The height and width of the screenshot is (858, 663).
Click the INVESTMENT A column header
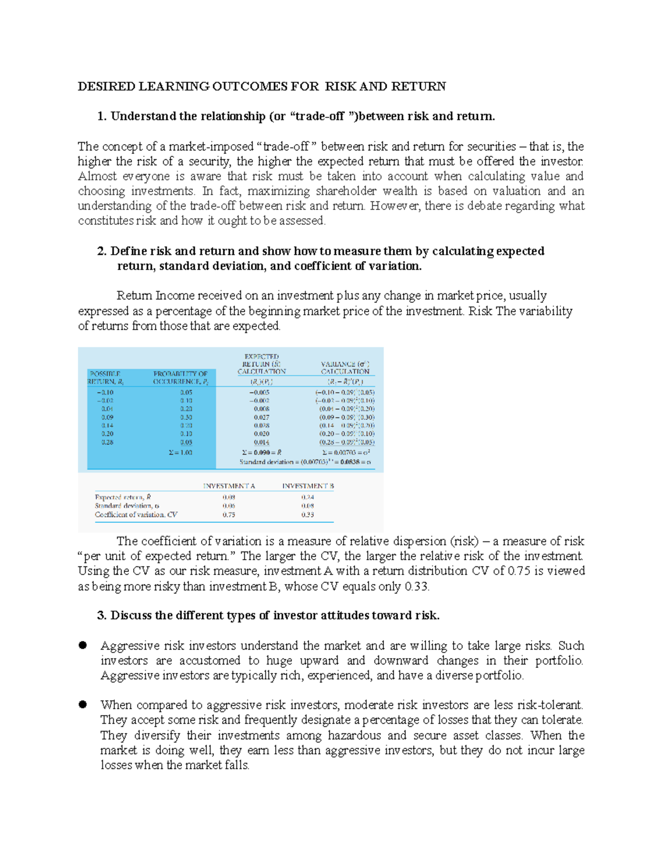tap(229, 486)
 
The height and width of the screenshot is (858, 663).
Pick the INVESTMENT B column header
tap(308, 486)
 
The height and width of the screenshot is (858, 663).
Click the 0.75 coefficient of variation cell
tap(229, 514)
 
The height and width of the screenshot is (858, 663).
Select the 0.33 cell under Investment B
tap(308, 514)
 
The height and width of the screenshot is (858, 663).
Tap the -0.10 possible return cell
tap(106, 392)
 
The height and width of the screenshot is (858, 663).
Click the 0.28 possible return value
tap(107, 442)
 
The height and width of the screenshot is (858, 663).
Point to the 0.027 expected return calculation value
tap(261, 417)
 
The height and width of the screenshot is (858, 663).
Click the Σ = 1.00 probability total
tap(181, 452)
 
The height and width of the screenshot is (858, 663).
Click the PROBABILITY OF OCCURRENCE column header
tap(180, 378)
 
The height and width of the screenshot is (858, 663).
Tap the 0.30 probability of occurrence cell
tap(186, 417)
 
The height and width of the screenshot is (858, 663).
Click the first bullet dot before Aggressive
tap(83, 645)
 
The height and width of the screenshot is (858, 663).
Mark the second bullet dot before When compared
tap(83, 704)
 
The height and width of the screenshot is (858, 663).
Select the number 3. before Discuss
tap(101, 615)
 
